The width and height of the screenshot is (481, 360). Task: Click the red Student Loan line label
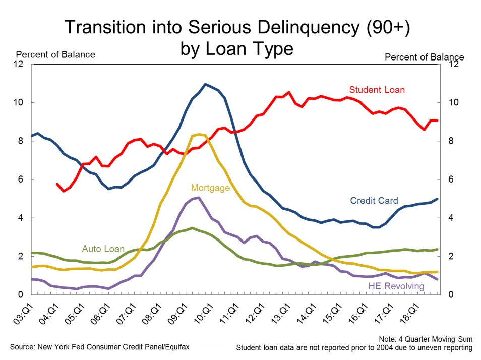(x=377, y=90)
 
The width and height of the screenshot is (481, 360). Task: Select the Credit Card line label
(x=374, y=201)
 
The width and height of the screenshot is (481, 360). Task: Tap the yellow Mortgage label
(x=210, y=188)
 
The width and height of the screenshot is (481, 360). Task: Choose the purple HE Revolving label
(x=395, y=286)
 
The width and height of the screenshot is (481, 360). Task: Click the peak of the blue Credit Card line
(x=205, y=84)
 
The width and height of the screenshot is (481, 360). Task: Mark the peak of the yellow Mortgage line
(x=199, y=134)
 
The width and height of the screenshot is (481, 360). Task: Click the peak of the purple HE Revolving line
(x=199, y=198)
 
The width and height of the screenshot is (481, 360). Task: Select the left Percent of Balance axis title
(x=55, y=54)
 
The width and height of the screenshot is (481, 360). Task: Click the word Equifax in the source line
(x=174, y=347)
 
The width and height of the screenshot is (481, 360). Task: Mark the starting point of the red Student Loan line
(x=56, y=184)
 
